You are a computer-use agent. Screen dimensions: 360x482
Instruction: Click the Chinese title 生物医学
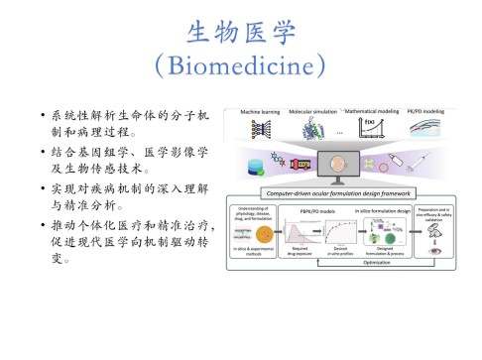coord(241,34)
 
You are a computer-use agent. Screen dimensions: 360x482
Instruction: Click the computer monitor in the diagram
coord(342,164)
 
